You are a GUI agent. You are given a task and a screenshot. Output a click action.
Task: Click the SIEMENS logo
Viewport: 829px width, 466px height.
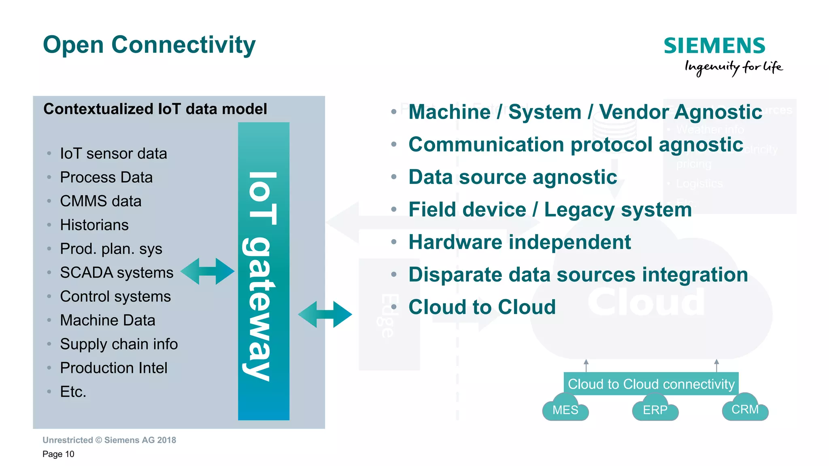714,46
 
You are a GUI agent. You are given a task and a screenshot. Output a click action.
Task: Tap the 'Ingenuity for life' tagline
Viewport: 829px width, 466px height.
733,67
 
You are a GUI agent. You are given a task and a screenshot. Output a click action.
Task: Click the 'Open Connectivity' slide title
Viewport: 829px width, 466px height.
149,45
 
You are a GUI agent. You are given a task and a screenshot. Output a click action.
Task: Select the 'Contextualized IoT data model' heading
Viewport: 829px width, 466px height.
155,109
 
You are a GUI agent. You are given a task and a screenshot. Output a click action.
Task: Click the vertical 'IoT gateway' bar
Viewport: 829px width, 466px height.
264,271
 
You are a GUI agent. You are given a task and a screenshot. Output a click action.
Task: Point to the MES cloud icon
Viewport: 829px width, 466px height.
565,409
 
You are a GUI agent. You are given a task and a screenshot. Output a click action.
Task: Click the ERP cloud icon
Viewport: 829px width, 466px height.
655,409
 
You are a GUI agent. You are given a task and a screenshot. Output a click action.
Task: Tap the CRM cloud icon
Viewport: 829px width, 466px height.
745,409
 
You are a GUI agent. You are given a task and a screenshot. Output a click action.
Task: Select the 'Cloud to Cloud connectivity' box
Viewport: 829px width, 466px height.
651,384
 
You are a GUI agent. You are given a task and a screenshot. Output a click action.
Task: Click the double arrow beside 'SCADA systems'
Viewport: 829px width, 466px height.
207,271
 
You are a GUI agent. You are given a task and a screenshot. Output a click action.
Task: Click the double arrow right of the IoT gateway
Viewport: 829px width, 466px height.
325,314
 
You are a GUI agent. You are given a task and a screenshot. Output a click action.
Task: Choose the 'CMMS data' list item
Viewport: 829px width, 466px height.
100,201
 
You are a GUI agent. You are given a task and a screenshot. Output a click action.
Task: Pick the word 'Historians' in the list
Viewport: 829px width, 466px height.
94,225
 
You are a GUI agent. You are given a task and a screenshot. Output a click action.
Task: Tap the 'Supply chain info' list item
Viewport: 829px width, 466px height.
119,344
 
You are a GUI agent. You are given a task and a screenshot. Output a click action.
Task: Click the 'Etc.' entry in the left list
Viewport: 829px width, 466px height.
73,392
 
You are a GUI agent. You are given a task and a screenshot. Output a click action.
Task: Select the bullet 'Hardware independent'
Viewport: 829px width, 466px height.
519,242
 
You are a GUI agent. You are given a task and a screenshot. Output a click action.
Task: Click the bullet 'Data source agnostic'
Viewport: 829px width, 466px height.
512,177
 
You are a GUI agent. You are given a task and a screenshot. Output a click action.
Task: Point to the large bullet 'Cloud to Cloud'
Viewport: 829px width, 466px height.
482,307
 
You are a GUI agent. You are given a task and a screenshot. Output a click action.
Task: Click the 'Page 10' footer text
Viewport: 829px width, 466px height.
58,454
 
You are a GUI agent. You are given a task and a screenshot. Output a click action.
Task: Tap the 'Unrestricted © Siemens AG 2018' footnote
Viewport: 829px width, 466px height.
109,440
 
